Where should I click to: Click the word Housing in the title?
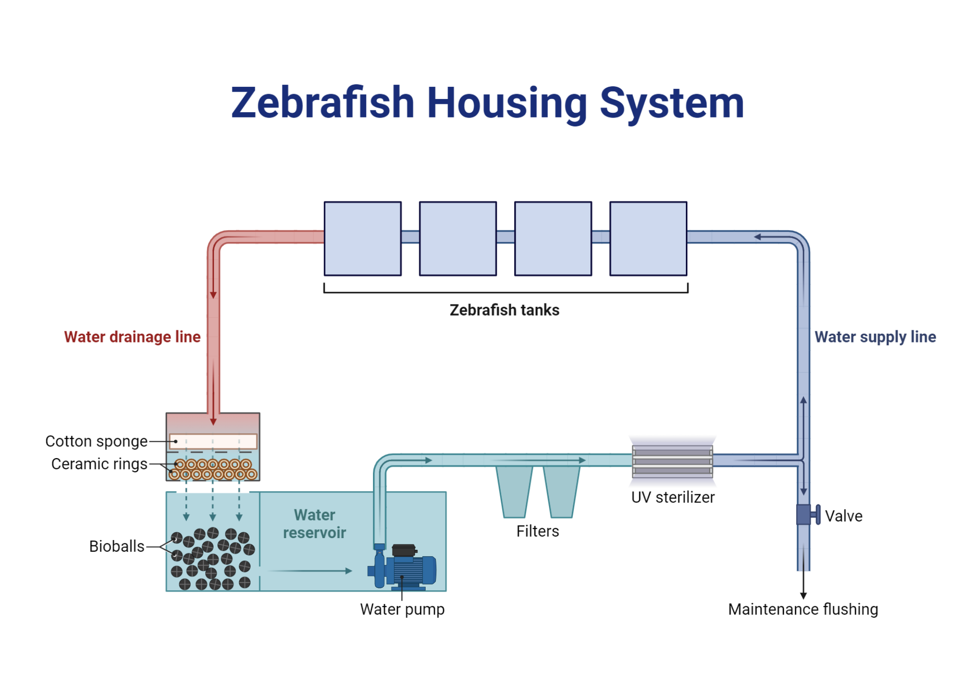click(x=507, y=103)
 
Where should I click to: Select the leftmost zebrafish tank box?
click(x=363, y=239)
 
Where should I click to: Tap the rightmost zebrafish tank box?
click(x=648, y=239)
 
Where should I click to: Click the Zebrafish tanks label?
click(x=505, y=310)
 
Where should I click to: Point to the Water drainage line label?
click(x=132, y=337)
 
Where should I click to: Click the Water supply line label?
click(x=875, y=337)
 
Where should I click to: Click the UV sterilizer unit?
click(x=672, y=461)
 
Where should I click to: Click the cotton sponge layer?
click(x=213, y=442)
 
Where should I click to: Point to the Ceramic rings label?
click(x=99, y=464)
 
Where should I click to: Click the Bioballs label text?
click(x=117, y=546)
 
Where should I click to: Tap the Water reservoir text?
click(x=314, y=524)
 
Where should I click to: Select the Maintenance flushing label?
click(x=803, y=609)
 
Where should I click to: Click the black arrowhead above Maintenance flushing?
click(x=803, y=596)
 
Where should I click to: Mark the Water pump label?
click(x=402, y=609)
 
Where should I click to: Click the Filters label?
click(x=538, y=531)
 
